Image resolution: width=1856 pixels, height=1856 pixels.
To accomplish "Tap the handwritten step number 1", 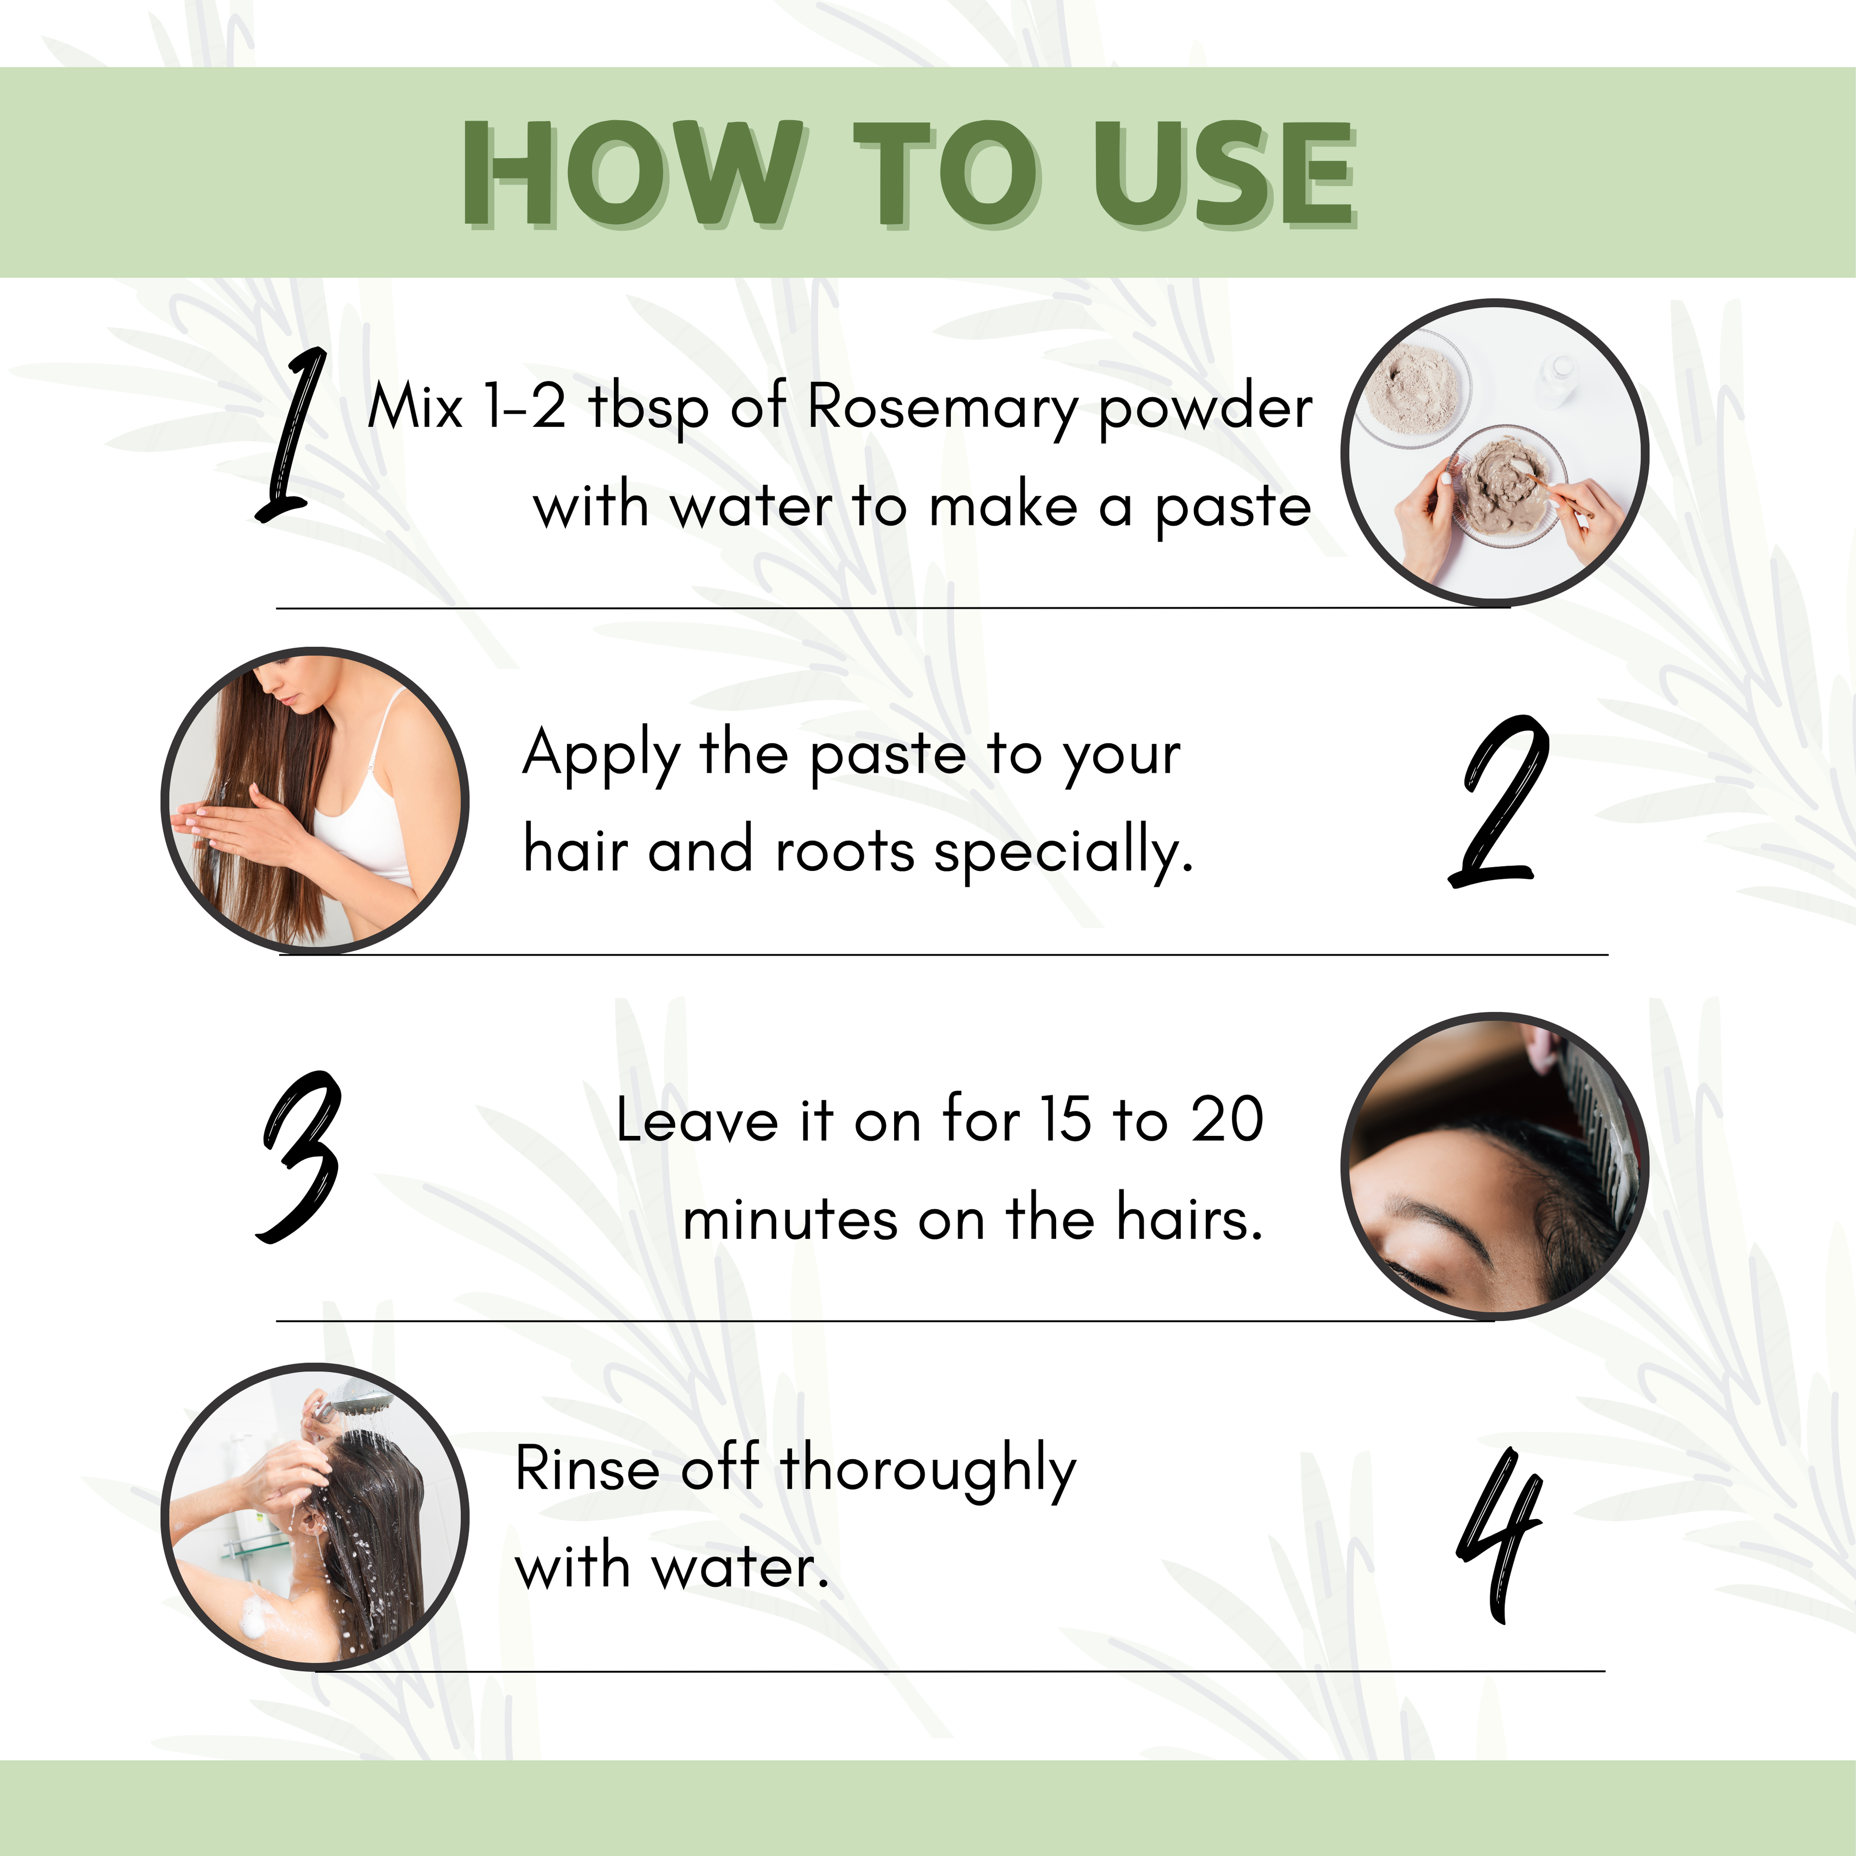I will [x=291, y=437].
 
